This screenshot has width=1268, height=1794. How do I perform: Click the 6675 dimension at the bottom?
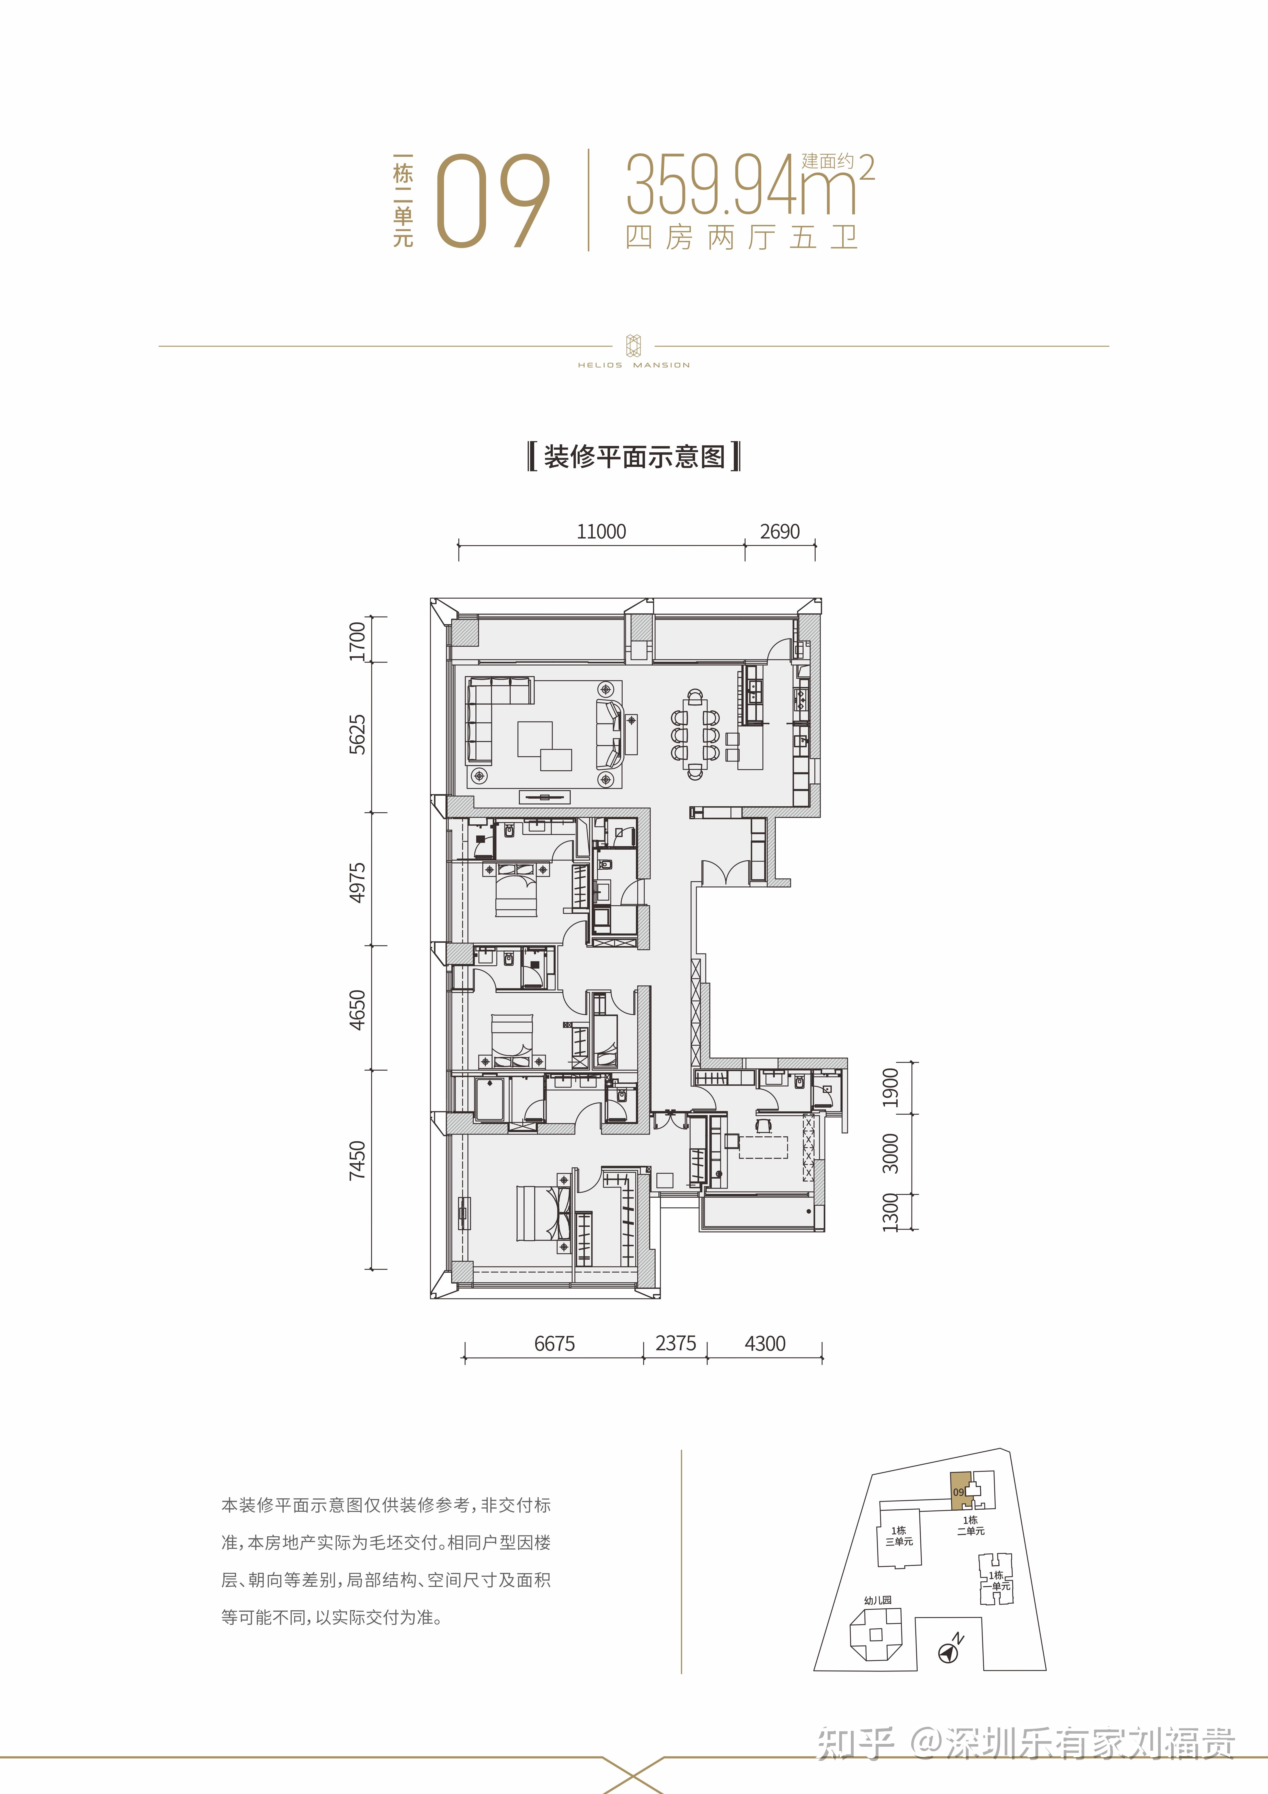[x=555, y=1344]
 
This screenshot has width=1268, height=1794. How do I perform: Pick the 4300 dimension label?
[x=765, y=1344]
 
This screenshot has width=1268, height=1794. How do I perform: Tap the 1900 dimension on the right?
[x=891, y=1088]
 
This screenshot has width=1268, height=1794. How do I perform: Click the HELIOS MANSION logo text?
[x=634, y=365]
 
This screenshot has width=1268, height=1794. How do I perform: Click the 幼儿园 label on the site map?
[x=877, y=1600]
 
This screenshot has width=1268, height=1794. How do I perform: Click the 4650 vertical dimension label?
[x=357, y=1010]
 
